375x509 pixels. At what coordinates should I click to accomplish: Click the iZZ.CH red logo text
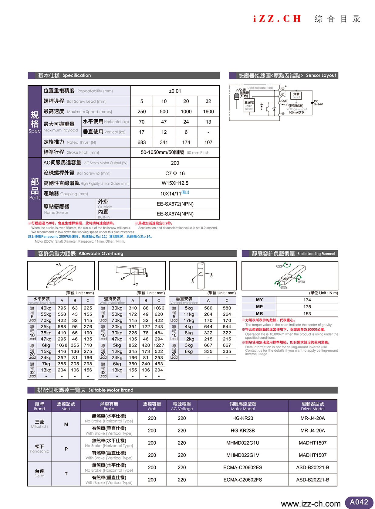277,19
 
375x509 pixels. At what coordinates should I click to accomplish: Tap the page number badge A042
359,502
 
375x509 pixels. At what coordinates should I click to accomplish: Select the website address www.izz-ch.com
311,504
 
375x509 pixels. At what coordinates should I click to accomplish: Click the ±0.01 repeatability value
175,91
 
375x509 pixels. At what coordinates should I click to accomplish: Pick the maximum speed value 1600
208,112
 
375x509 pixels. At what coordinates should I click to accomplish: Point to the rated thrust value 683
142,142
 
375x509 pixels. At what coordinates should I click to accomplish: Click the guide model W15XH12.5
175,183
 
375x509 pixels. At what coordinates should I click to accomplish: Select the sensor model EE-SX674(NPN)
175,214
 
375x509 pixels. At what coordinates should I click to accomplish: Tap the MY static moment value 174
307,300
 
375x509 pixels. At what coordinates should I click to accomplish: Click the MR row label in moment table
259,314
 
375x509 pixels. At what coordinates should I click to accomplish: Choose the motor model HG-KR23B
243,431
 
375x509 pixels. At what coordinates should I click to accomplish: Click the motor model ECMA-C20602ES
243,468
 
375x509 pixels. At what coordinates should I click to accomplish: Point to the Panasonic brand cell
39,449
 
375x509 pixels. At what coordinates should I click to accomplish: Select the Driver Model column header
312,406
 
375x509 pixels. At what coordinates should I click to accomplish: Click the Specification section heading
77,76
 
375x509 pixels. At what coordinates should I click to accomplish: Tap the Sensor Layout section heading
321,76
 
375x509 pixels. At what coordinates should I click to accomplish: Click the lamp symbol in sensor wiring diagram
237,96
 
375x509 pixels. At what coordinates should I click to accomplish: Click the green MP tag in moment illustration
301,282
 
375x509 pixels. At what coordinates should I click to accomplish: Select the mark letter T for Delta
66,474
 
